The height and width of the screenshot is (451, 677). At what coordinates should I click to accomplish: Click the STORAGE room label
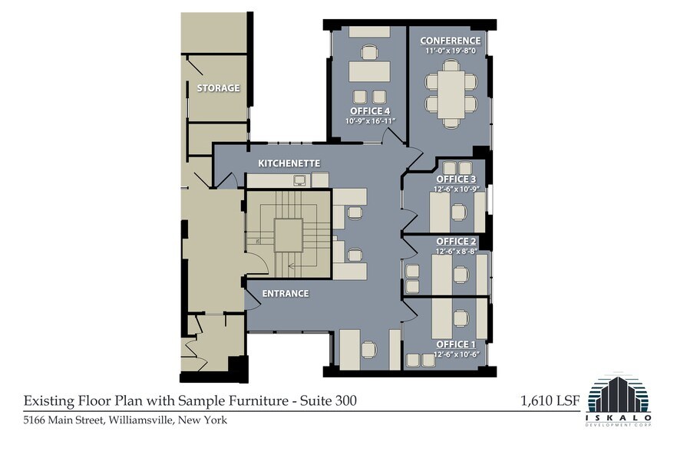pyautogui.click(x=218, y=88)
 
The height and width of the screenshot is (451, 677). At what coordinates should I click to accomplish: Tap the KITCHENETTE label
pyautogui.click(x=289, y=163)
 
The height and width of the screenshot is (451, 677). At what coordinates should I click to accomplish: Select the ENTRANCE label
pyautogui.click(x=286, y=294)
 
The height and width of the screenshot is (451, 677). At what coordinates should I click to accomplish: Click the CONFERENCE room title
pyautogui.click(x=451, y=41)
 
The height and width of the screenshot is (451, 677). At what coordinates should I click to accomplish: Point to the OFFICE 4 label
pyautogui.click(x=370, y=111)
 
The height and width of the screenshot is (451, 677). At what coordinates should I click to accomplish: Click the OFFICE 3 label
pyautogui.click(x=457, y=179)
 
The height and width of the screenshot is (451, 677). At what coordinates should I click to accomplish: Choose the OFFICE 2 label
pyautogui.click(x=457, y=242)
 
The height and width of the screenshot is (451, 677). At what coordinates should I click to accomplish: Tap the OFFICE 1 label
pyautogui.click(x=457, y=344)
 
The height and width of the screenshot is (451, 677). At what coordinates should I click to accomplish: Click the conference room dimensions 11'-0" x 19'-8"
pyautogui.click(x=451, y=51)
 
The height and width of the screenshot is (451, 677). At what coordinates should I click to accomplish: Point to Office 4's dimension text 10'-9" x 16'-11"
pyautogui.click(x=371, y=121)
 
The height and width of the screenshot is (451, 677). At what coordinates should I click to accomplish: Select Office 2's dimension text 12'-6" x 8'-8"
pyautogui.click(x=457, y=251)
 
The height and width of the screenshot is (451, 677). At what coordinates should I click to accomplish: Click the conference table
pyautogui.click(x=451, y=95)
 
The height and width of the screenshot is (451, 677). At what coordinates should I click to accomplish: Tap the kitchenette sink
pyautogui.click(x=299, y=180)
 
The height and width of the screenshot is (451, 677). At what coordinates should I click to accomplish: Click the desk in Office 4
pyautogui.click(x=370, y=71)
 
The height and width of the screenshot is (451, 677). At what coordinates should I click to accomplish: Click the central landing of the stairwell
pyautogui.click(x=289, y=235)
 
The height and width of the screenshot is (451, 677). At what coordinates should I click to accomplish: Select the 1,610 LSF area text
pyautogui.click(x=550, y=401)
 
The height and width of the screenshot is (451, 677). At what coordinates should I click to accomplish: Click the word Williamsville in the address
pyautogui.click(x=141, y=420)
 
